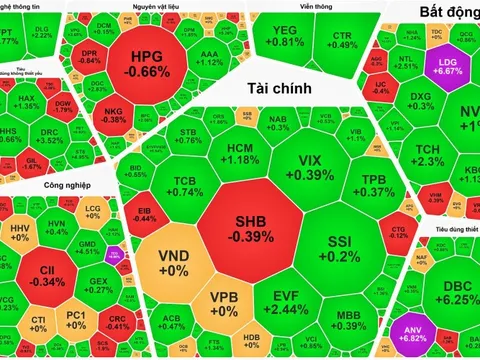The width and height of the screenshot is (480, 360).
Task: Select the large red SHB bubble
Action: (x=249, y=229)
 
